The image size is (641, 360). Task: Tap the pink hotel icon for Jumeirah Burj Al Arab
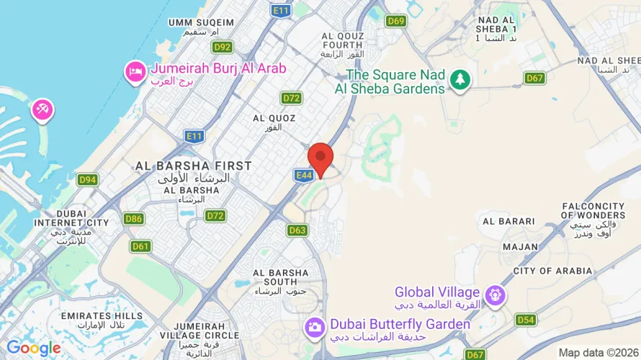(x=135, y=71)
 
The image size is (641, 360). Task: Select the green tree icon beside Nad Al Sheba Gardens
(x=460, y=79)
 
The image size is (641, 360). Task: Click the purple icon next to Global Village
(x=494, y=294)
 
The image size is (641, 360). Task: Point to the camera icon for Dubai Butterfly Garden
(x=314, y=326)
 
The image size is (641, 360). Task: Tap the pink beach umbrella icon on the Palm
(x=42, y=110)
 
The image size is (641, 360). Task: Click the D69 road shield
(x=395, y=21)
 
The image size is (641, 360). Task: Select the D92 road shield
(x=223, y=48)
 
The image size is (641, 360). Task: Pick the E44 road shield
(x=303, y=175)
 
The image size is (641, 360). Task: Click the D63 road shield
(x=297, y=230)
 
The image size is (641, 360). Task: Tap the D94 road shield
(x=88, y=180)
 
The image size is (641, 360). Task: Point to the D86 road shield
(x=133, y=219)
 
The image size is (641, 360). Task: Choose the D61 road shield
(x=141, y=246)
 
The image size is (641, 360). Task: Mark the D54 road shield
(x=526, y=320)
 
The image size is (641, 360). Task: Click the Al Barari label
(x=508, y=221)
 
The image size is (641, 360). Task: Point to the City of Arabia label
(x=552, y=271)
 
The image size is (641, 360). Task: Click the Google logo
(x=33, y=348)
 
